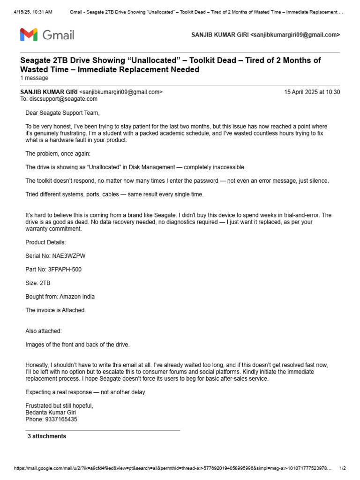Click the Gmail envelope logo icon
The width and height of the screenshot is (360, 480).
pos(29,35)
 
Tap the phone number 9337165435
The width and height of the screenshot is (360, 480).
pos(61,420)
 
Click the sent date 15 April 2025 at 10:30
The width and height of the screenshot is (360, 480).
pos(312,92)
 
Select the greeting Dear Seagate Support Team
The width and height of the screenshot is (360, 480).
pos(62,113)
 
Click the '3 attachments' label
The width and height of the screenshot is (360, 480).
pos(47,436)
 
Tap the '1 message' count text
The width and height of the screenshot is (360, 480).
pos(34,78)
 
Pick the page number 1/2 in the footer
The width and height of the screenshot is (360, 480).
pos(342,468)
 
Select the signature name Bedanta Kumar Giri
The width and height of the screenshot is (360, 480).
pos(51,412)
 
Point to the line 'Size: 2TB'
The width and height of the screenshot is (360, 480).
pos(38,283)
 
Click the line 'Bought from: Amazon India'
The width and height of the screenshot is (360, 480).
pos(60,297)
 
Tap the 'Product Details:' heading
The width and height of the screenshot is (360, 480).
pos(46,242)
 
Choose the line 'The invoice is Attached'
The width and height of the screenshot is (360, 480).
pos(55,310)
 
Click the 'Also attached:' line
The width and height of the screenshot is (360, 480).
pos(44,331)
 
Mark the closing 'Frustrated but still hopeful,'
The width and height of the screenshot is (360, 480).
pos(60,405)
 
